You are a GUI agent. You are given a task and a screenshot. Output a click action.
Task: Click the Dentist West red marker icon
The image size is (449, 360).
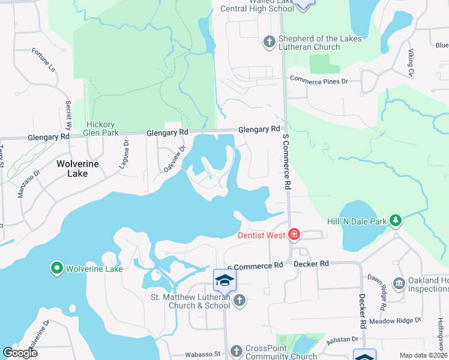(294, 235)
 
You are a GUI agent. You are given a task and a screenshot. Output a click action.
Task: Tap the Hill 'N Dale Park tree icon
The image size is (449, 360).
(396, 221)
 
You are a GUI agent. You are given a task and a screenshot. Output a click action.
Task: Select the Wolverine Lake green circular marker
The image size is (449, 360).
(57, 268)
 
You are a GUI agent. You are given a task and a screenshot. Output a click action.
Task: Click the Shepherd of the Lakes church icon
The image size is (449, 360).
(270, 41)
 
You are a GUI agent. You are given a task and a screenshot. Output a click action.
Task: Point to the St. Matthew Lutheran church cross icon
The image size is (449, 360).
(240, 300)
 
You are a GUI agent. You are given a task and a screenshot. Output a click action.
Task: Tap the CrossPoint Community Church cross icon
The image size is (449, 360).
(236, 350)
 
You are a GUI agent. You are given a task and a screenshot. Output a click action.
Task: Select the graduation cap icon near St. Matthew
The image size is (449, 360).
(224, 280)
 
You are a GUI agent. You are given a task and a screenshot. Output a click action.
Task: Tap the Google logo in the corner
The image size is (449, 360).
(20, 352)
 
